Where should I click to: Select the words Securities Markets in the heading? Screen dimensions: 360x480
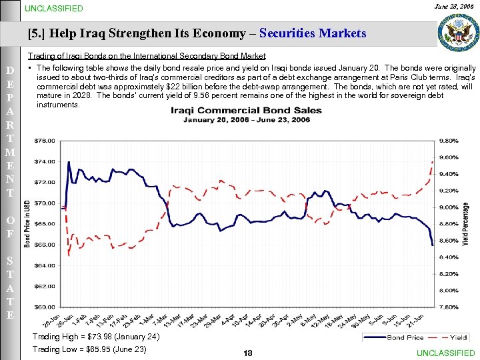click(313, 33)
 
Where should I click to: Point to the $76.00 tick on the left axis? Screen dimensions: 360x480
click(45, 141)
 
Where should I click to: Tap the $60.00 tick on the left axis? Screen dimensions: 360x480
click(45, 307)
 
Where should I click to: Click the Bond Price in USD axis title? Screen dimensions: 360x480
click(27, 223)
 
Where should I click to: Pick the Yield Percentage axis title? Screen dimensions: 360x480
click(465, 223)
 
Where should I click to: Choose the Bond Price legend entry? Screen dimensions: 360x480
click(405, 338)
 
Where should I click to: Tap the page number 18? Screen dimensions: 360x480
click(248, 353)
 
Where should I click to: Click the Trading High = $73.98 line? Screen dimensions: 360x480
click(96, 337)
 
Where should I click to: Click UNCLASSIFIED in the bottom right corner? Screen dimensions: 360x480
click(445, 353)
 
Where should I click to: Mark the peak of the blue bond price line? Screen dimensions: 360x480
click(69, 162)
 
